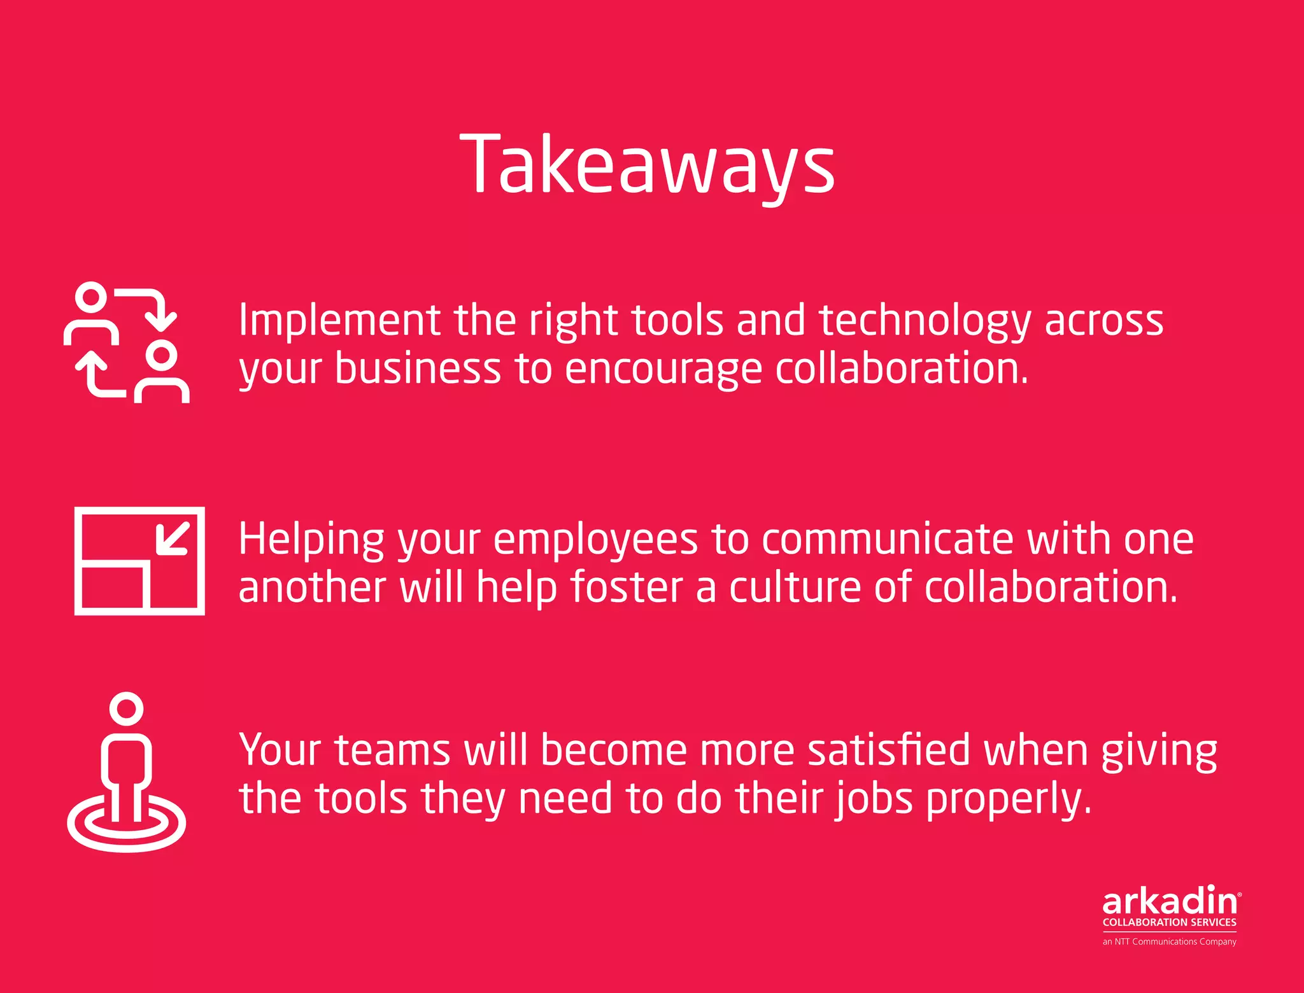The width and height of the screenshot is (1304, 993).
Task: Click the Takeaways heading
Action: [647, 164]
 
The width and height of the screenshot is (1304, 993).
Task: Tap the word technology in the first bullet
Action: [924, 321]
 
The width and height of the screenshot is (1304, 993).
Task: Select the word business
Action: [418, 369]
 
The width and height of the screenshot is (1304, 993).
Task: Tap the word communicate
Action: [887, 540]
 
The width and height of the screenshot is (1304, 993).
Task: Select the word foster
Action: [626, 587]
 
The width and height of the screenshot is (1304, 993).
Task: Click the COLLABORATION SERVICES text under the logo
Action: [1169, 922]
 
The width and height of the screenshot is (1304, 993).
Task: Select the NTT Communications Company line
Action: [1169, 941]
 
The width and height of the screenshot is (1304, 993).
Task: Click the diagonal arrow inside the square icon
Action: [173, 539]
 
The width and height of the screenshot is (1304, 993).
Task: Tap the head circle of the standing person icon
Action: [126, 708]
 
